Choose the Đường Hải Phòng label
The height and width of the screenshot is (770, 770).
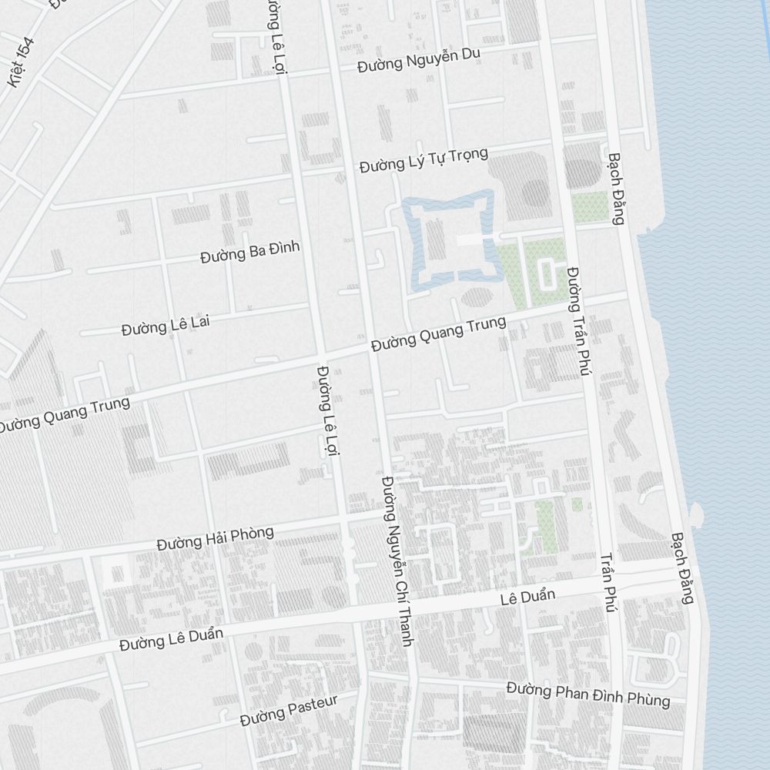(x=214, y=537)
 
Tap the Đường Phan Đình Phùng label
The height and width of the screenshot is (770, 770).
(x=588, y=694)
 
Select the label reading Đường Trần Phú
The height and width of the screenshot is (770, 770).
(x=578, y=321)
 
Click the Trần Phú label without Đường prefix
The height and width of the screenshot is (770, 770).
(x=608, y=582)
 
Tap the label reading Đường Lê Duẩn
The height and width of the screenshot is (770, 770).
(x=171, y=638)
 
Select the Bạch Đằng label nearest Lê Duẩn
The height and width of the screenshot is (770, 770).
(x=682, y=567)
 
